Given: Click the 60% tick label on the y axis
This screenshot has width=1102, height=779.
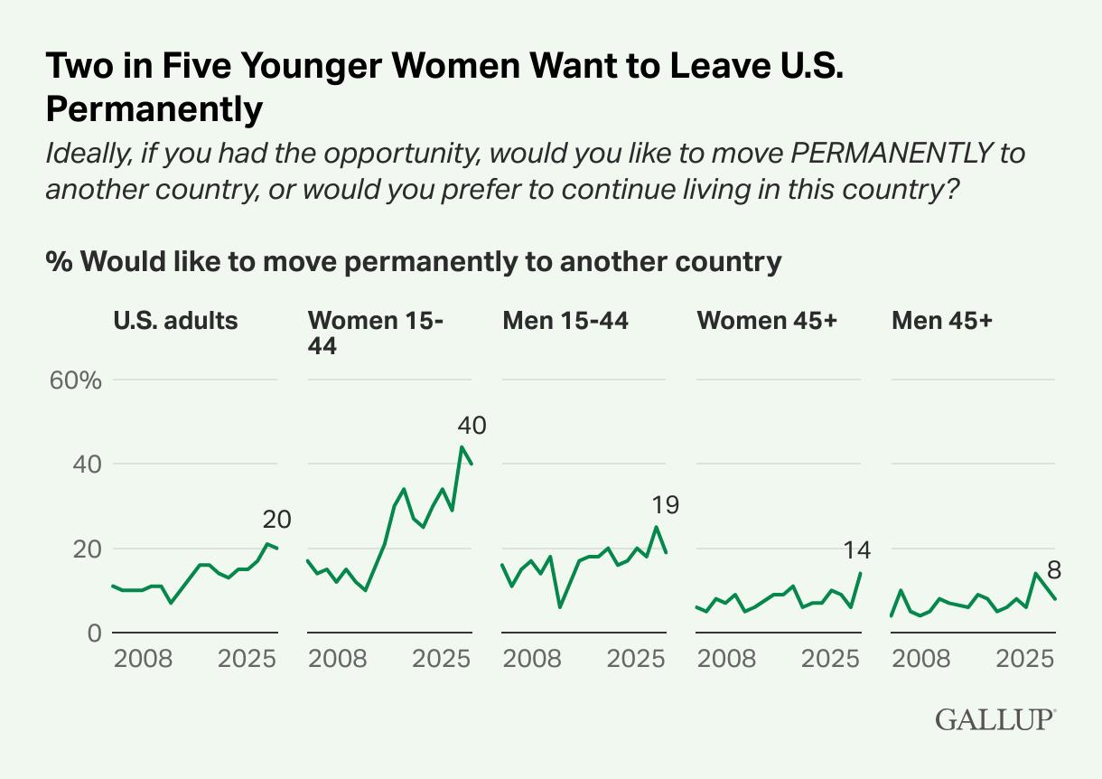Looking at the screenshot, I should [76, 380].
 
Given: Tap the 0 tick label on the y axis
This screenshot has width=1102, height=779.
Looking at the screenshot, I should [93, 634].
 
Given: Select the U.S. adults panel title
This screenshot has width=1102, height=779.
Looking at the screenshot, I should [175, 320].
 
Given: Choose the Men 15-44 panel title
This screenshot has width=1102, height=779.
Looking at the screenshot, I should [565, 320].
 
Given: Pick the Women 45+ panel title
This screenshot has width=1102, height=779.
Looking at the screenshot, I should [766, 320].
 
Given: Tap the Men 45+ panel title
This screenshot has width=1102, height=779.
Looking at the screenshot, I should [942, 320].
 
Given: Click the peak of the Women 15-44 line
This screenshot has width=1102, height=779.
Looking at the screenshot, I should [462, 446].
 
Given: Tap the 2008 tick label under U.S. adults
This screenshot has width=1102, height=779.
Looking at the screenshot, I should [143, 657].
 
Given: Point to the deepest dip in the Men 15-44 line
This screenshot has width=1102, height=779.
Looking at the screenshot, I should [560, 606].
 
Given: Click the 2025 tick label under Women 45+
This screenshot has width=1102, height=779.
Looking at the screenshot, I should [830, 657].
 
